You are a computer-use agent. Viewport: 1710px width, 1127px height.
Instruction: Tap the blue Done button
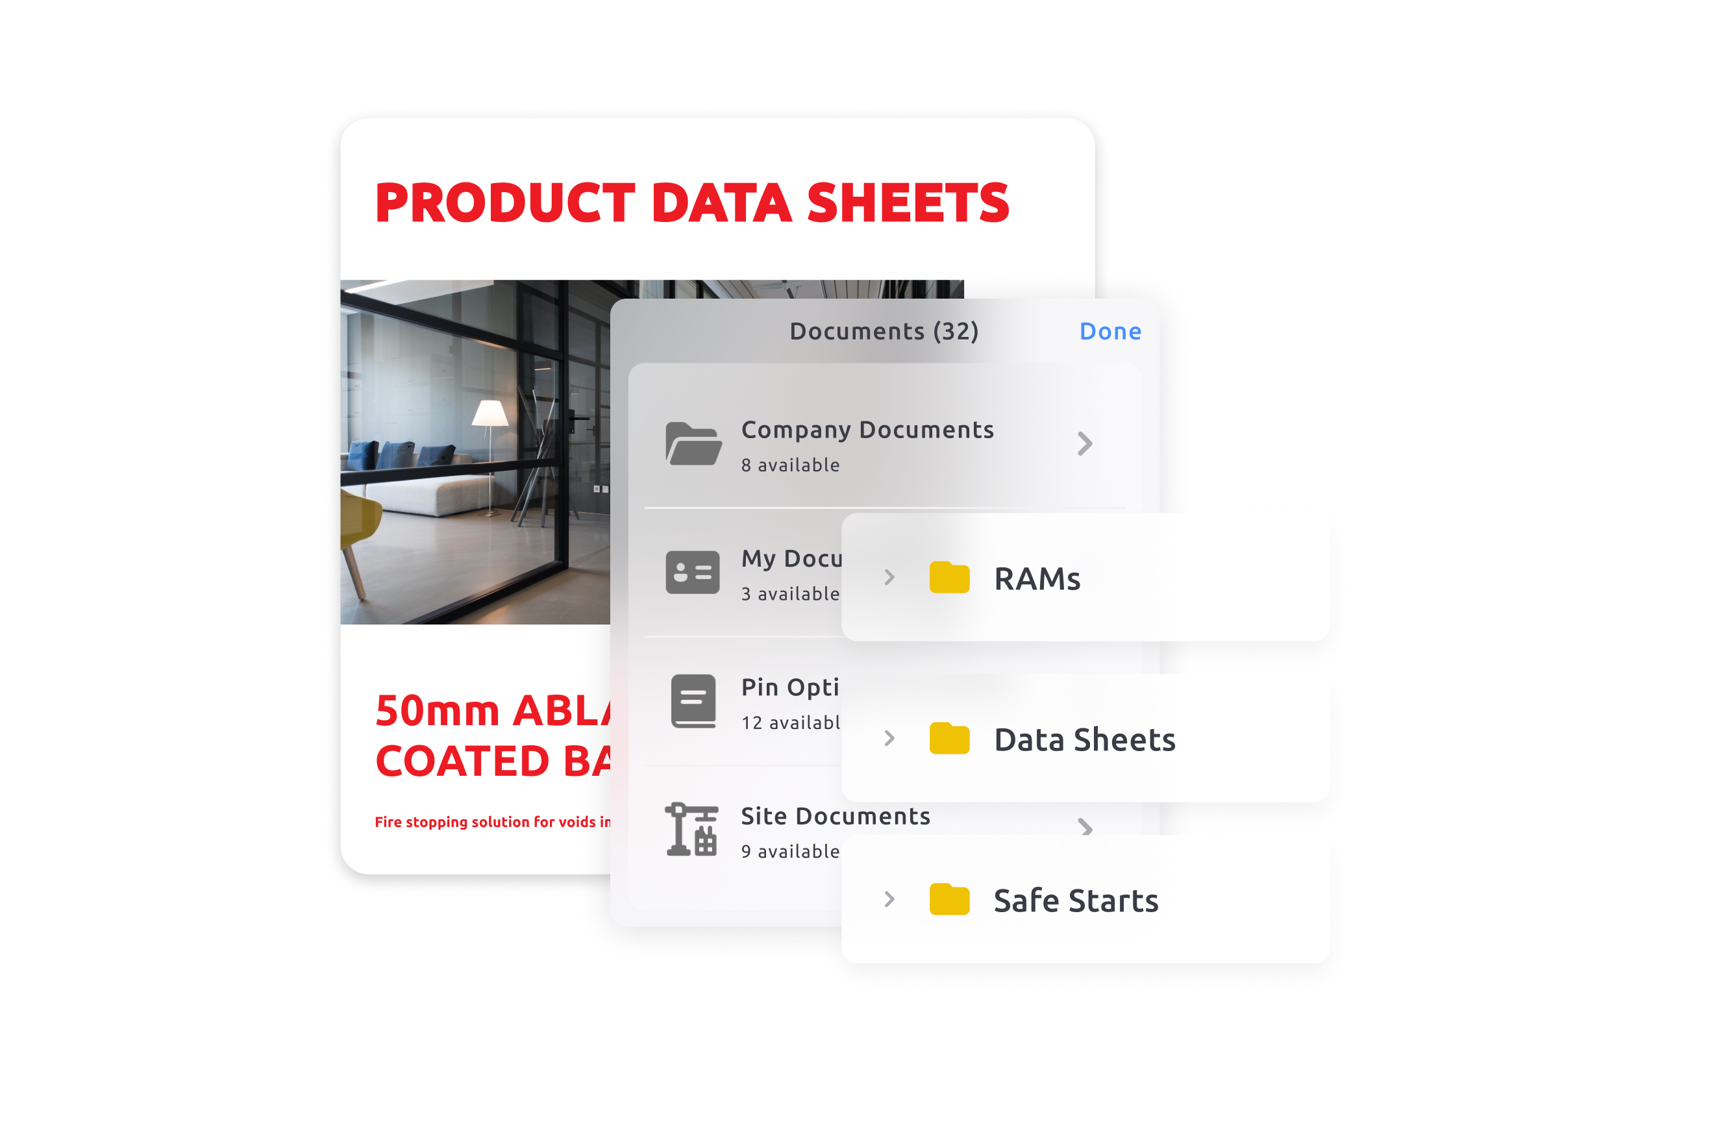tap(1109, 331)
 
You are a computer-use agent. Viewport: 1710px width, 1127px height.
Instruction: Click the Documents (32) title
tap(884, 331)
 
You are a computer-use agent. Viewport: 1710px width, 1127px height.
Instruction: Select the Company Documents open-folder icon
tap(693, 443)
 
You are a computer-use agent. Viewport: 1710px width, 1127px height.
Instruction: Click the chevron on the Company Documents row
tap(1085, 443)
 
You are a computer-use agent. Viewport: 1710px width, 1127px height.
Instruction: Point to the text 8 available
tap(790, 465)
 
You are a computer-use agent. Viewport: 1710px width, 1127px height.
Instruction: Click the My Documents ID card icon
tap(692, 572)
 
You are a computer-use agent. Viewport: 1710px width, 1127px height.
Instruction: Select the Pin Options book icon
tap(693, 700)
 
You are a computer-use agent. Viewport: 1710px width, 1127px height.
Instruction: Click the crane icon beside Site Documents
tap(691, 830)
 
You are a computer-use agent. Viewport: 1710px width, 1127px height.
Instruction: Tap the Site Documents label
tap(836, 817)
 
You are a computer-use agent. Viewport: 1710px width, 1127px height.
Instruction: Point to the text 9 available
tap(790, 852)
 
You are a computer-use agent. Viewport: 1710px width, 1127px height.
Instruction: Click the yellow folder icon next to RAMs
tap(948, 578)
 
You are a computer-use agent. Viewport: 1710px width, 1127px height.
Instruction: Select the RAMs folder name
tap(1037, 579)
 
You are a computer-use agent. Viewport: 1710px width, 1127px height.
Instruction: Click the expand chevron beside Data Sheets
tap(889, 738)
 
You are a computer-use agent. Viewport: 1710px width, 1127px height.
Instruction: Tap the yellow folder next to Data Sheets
tap(948, 739)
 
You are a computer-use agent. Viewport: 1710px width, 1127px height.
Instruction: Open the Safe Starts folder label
tap(1075, 901)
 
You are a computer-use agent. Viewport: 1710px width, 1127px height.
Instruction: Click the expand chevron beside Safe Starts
tap(889, 899)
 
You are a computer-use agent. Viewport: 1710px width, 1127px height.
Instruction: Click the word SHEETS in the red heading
tap(908, 203)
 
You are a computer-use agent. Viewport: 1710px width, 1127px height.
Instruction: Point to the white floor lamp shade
tap(490, 414)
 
